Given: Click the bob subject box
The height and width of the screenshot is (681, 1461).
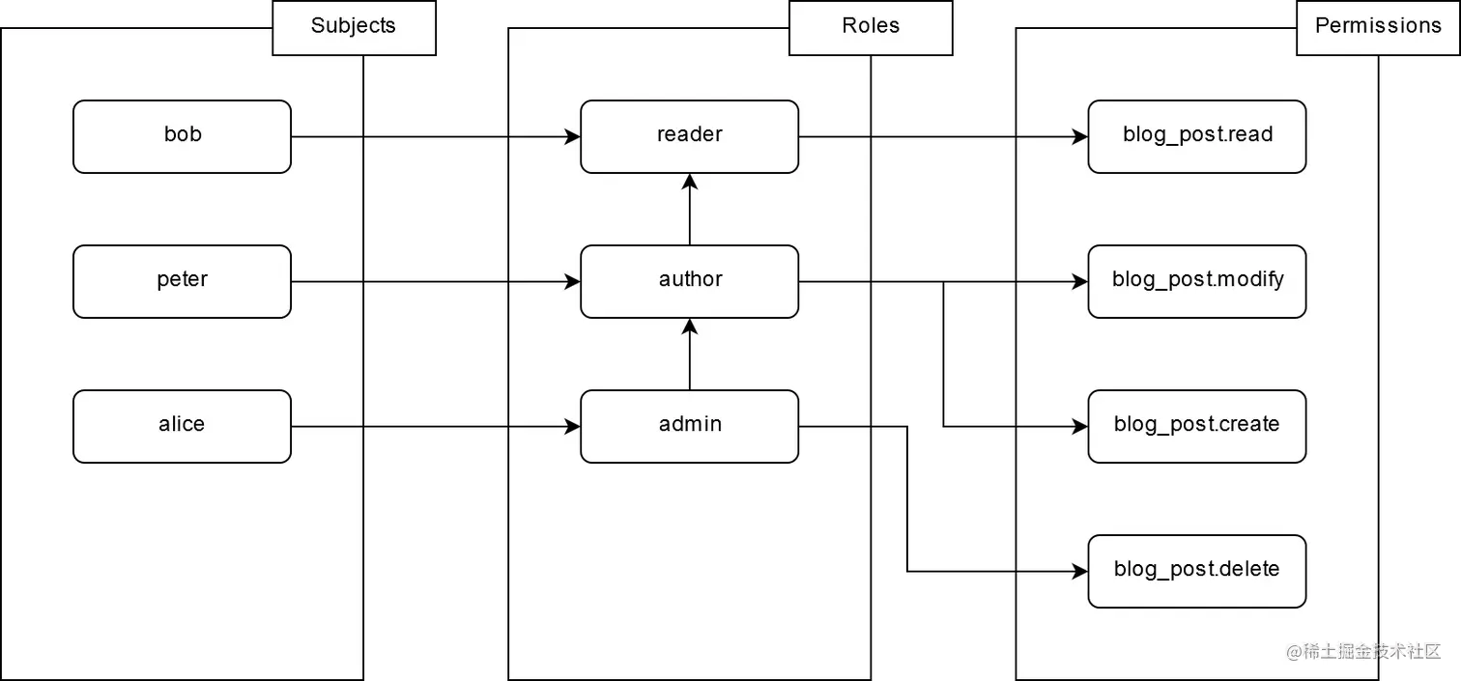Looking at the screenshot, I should [182, 136].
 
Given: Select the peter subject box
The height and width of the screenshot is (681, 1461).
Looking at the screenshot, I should [182, 281].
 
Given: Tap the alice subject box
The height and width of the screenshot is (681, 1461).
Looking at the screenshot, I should [182, 426].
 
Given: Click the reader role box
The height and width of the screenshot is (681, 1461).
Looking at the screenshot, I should [689, 136].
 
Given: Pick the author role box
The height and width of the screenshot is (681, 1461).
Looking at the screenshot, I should [689, 281].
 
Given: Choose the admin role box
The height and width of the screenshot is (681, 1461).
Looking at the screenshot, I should [689, 426].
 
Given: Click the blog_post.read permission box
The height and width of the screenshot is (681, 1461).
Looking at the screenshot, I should [1196, 136].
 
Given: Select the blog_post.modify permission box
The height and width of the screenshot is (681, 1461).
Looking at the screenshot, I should [1196, 281].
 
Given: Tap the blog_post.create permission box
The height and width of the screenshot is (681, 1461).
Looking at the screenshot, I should [1196, 426].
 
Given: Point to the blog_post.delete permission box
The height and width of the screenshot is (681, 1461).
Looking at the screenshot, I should [1196, 571].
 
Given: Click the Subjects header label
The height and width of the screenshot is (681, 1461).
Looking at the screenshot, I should [354, 26].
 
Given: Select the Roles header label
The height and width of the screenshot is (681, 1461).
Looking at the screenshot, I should [871, 26].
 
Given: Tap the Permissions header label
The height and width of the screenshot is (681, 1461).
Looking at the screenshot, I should [1378, 26].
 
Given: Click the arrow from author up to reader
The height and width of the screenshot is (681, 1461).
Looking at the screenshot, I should [689, 210].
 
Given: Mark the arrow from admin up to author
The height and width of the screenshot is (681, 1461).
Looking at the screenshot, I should [689, 355].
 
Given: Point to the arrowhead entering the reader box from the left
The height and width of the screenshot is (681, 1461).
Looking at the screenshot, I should [572, 137].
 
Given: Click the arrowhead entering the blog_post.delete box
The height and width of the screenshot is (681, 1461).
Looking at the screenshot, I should [1079, 572].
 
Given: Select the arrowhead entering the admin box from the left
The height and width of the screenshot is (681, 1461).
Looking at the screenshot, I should [572, 427].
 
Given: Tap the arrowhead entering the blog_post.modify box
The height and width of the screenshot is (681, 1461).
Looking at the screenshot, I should [1079, 282].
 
